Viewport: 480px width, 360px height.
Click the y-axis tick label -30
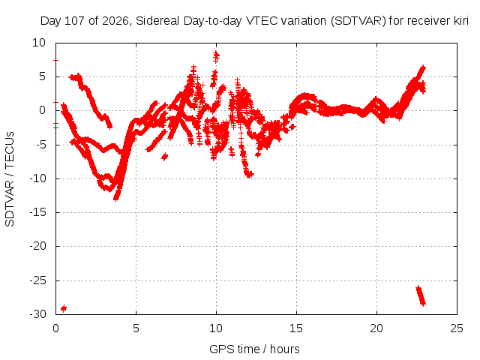[x=37, y=314]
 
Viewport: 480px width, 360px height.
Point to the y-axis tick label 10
[x=39, y=43]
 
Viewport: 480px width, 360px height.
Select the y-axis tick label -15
[x=37, y=212]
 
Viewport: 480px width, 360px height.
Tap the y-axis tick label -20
[x=37, y=246]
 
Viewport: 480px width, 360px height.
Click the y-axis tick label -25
[x=37, y=280]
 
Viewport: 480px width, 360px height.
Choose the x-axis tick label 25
[x=457, y=328]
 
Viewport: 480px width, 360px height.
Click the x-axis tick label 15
[x=296, y=328]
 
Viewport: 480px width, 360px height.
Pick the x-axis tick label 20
[x=376, y=328]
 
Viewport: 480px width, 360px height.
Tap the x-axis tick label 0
[x=55, y=328]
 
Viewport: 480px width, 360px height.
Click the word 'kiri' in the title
[x=461, y=21]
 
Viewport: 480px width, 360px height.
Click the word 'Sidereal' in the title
[x=157, y=21]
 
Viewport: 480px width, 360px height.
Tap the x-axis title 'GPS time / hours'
[x=254, y=349]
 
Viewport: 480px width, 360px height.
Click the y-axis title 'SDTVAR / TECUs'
[x=10, y=179]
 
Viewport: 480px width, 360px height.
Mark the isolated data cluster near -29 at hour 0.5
[x=64, y=308]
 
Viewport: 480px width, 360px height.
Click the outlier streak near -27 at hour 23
[x=421, y=295]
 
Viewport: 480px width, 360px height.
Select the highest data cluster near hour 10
[x=216, y=57]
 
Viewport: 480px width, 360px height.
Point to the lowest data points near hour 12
[x=249, y=175]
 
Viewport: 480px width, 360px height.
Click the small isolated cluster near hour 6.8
[x=165, y=157]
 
